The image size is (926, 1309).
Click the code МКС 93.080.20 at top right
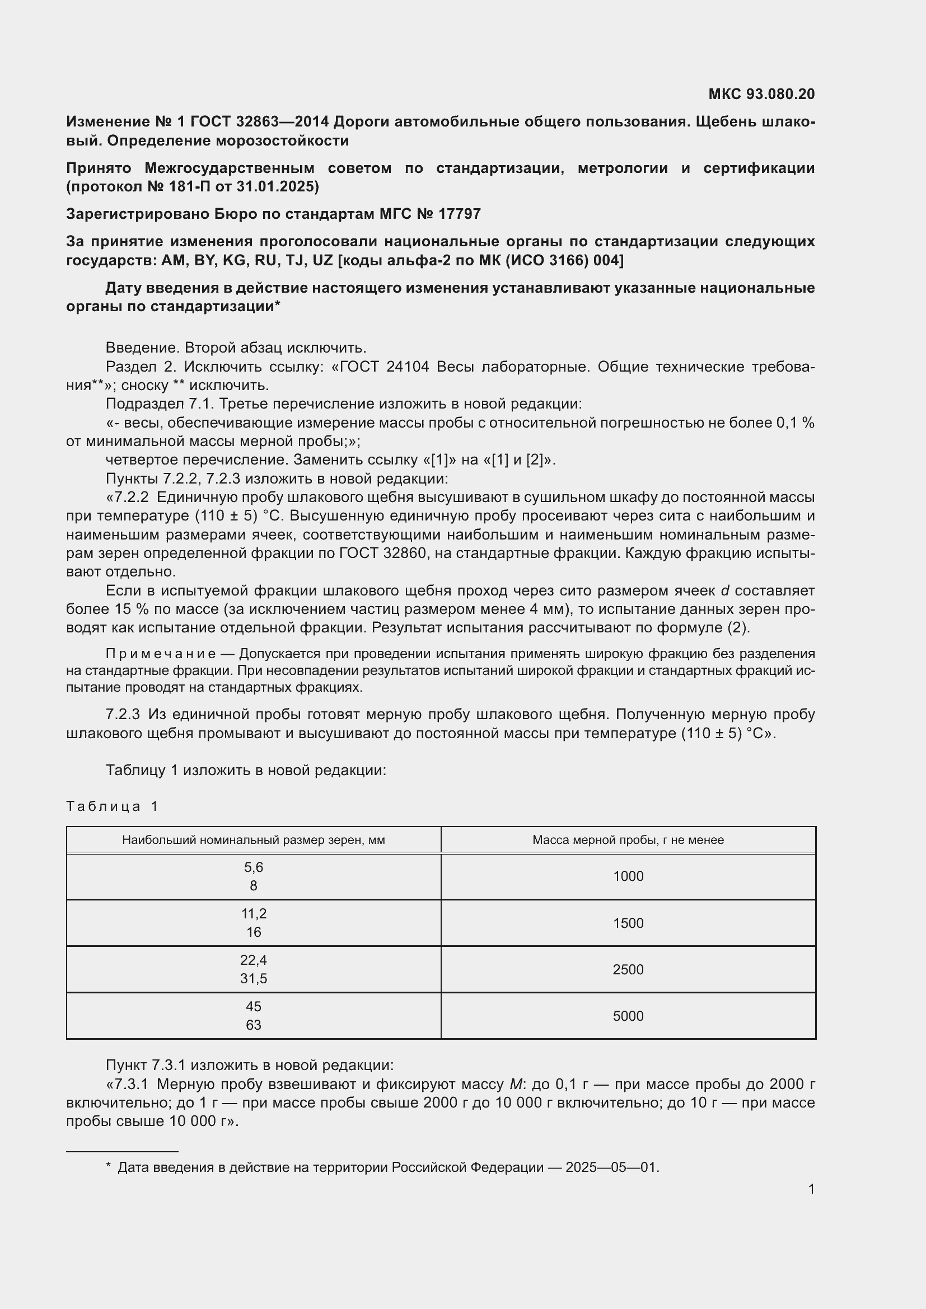761,94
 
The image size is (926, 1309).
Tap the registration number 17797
460,214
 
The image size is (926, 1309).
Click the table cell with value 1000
628,876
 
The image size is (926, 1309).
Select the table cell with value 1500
628,923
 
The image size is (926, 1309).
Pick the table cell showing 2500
628,970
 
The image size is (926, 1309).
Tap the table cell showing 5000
628,1016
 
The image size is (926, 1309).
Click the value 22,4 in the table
253,960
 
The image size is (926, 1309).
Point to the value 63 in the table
253,1025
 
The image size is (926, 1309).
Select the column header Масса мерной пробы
628,840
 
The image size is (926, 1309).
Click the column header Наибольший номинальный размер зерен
253,840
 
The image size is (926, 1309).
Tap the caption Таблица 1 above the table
113,806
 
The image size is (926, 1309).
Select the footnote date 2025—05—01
611,1167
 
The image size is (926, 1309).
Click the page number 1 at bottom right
811,1189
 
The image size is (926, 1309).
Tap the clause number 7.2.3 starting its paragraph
123,714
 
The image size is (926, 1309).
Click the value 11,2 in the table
253,913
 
